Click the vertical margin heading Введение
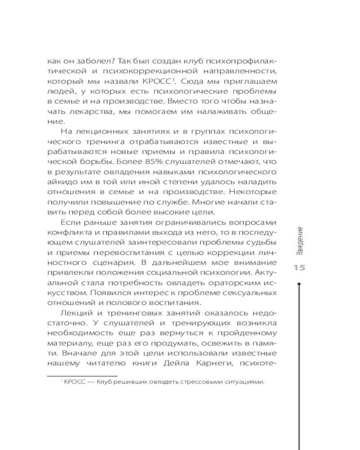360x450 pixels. (x=299, y=241)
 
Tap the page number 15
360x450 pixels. (x=299, y=268)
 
